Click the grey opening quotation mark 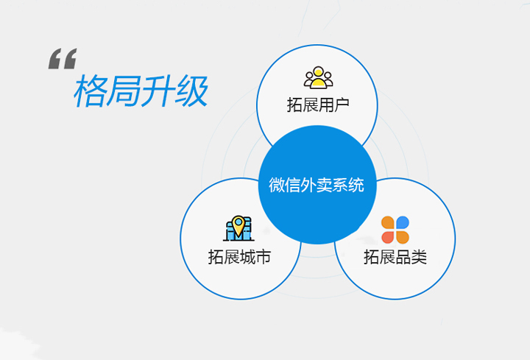63,58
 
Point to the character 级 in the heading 191,91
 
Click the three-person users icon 318,77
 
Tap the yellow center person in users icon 318,79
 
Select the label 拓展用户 318,105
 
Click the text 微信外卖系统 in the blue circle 317,185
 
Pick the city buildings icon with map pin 239,228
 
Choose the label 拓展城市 239,257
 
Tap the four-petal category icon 395,230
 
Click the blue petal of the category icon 403,223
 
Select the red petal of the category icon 388,237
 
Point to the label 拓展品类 395,257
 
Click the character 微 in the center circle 277,185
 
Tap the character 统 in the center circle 356,185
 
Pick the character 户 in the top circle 342,105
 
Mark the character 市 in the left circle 263,257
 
